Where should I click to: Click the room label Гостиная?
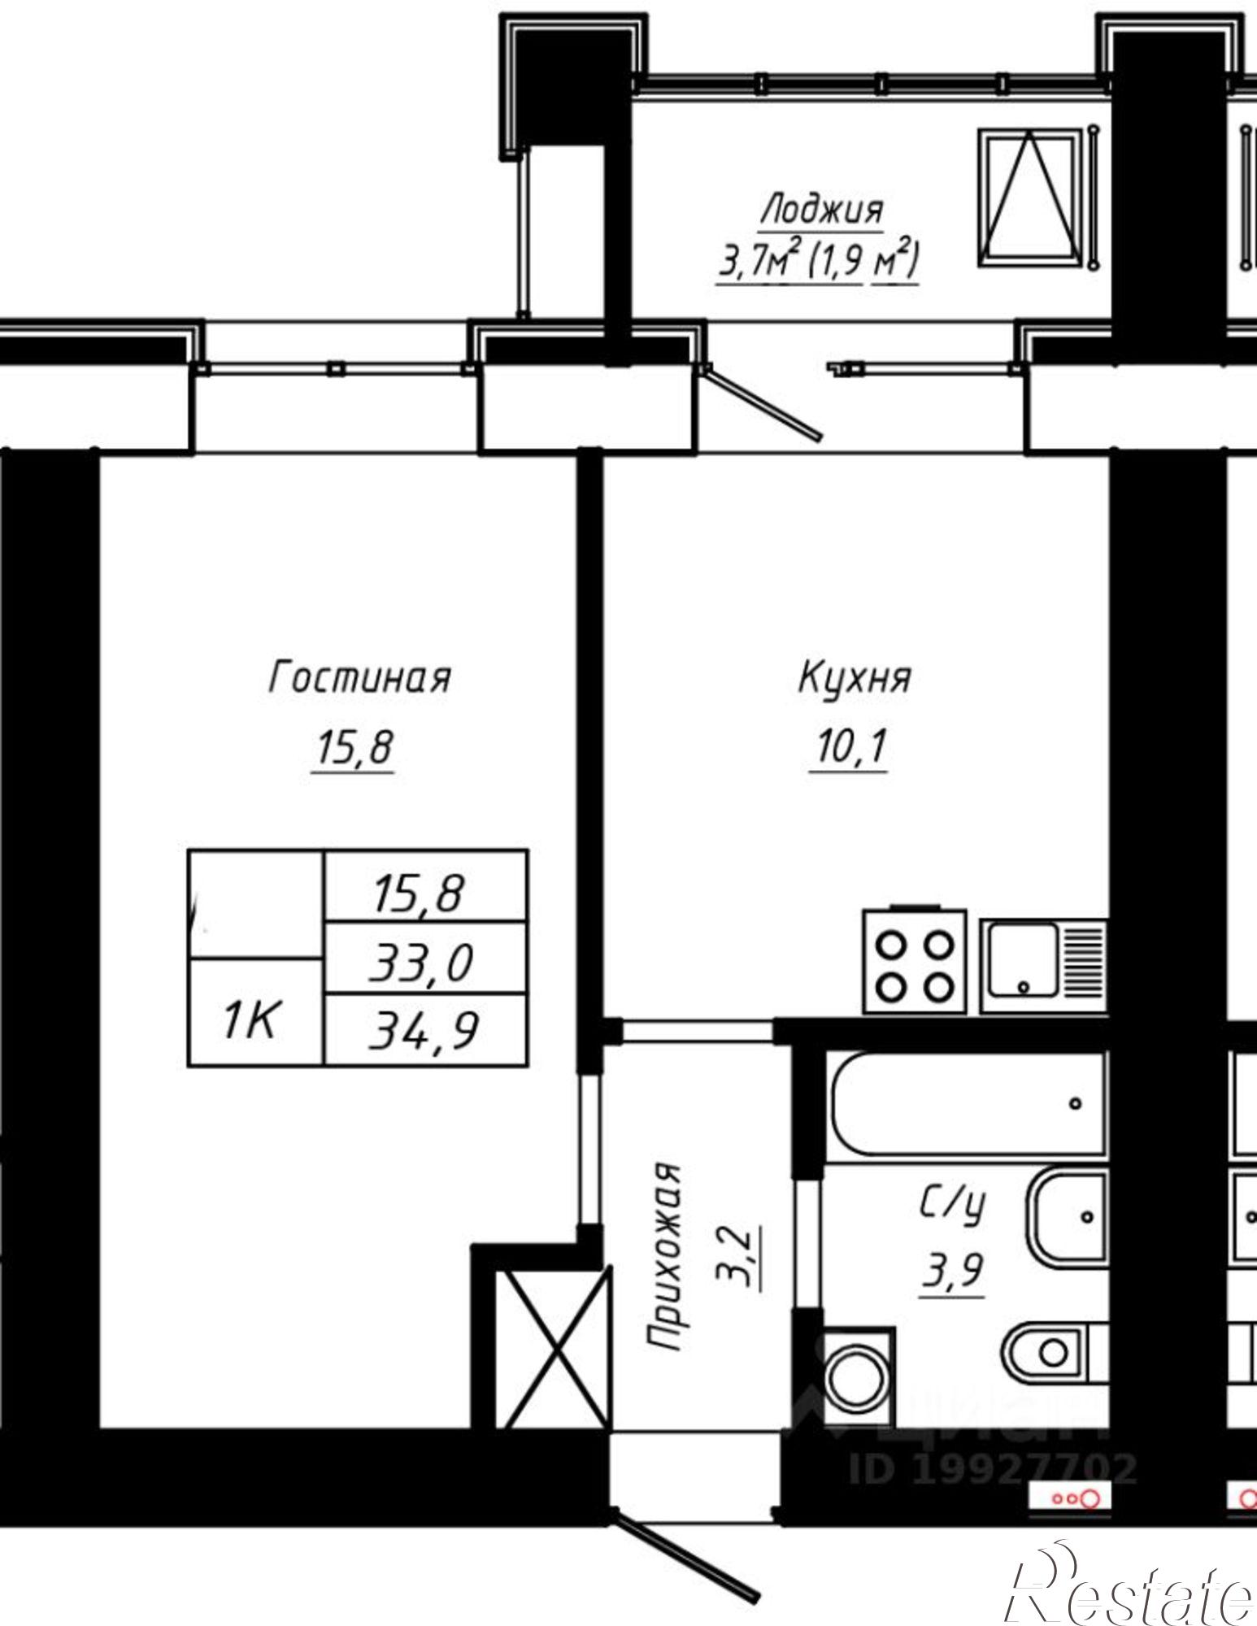tap(359, 677)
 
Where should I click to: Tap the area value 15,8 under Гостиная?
tap(353, 748)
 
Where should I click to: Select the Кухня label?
tap(854, 677)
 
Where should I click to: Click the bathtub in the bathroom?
tap(966, 1104)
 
